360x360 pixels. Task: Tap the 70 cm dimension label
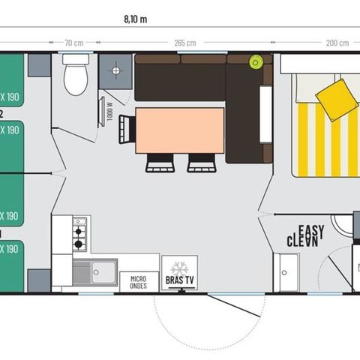point(73,43)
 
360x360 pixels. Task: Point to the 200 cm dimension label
point(328,43)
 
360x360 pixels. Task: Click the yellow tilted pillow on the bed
point(335,94)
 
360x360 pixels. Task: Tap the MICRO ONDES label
point(139,281)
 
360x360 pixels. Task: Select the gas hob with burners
point(79,235)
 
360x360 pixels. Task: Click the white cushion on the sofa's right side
point(265,109)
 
